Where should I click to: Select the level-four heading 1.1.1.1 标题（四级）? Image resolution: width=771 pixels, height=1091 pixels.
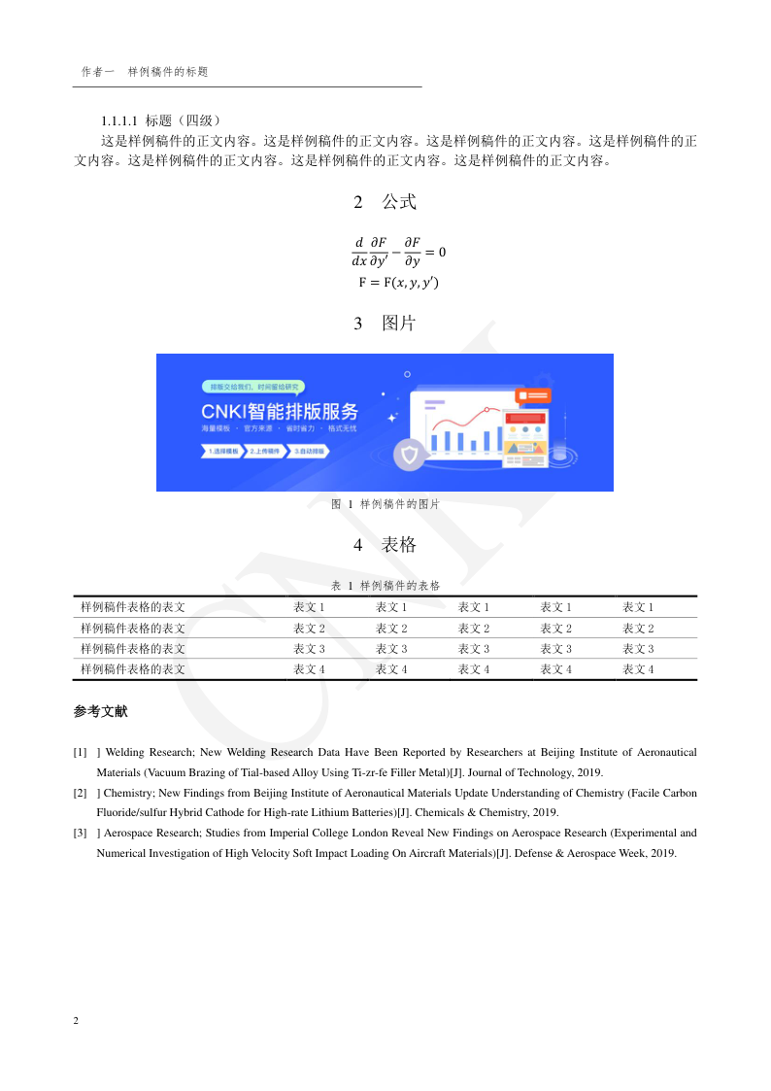click(162, 120)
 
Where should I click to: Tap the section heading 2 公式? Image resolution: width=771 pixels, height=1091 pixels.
click(385, 202)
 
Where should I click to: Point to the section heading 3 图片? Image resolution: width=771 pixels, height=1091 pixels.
click(385, 324)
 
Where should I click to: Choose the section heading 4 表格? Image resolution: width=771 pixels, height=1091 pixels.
click(385, 545)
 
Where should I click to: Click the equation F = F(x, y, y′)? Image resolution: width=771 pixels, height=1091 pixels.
click(398, 283)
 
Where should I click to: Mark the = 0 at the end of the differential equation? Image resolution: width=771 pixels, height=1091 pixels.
click(436, 252)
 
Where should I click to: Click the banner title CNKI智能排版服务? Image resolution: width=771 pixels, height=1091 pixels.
click(280, 410)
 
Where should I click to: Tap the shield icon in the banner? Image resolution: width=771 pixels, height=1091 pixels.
click(410, 455)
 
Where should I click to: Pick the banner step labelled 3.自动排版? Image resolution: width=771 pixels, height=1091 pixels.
click(310, 452)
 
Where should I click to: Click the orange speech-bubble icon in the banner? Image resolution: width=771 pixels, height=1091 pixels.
click(534, 395)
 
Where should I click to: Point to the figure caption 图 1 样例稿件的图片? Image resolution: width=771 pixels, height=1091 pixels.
click(385, 504)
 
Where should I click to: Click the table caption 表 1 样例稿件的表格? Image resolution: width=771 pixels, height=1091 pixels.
click(385, 586)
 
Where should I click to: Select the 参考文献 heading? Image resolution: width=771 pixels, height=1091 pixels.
click(100, 711)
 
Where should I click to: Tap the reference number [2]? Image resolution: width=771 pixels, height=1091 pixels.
click(80, 793)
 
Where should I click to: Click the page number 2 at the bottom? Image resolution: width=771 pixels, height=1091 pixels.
click(76, 1021)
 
